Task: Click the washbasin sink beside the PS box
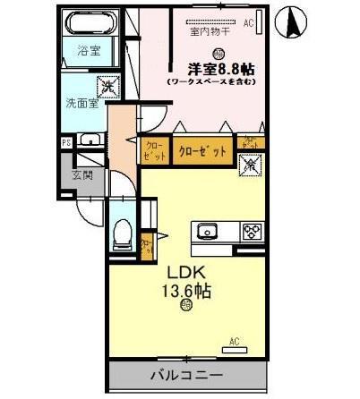90,140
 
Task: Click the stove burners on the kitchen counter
251,232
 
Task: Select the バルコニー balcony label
185,374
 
